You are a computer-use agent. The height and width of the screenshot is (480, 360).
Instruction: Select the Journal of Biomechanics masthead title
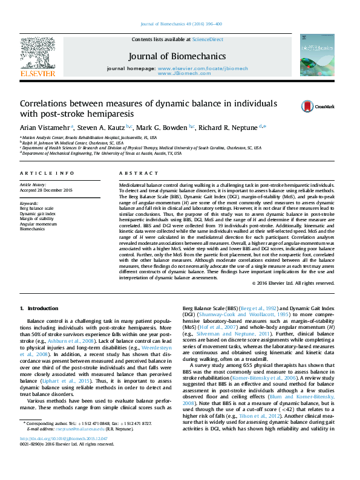point(177,56)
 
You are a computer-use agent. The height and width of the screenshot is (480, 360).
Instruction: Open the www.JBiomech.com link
point(177,73)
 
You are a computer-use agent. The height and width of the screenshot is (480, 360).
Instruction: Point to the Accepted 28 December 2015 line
point(45,190)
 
